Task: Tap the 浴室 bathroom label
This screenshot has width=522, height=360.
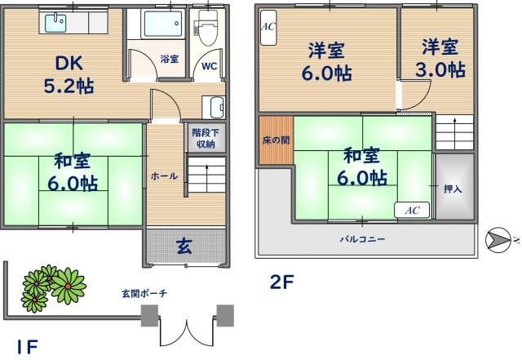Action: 170,59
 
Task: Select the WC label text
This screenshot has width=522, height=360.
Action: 208,66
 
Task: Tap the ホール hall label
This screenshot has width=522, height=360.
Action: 164,176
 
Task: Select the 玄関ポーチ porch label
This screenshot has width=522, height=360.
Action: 144,293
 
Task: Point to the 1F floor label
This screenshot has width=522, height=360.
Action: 27,346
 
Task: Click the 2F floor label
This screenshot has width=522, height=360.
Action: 281,283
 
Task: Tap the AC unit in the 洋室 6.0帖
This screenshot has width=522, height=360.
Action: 268,26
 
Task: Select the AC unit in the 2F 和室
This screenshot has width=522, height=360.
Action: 412,210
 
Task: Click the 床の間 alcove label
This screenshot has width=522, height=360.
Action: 273,140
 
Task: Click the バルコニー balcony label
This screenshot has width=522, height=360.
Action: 363,239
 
